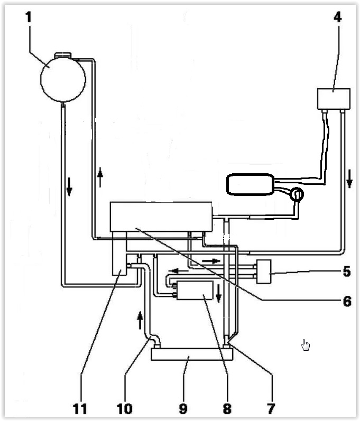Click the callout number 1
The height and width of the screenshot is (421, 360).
[x=29, y=17]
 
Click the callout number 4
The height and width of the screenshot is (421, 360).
[x=338, y=17]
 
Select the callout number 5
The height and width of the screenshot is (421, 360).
[x=347, y=272]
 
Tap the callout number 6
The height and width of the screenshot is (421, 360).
[x=347, y=301]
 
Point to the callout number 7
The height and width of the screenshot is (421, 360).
[x=271, y=409]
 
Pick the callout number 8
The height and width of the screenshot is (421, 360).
[x=227, y=409]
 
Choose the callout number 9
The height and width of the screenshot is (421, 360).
[x=183, y=409]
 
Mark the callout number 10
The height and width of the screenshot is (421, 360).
[x=125, y=409]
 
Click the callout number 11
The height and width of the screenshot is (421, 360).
[x=80, y=409]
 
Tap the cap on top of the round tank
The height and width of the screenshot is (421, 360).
[x=63, y=55]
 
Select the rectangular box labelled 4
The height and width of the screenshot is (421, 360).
[x=334, y=99]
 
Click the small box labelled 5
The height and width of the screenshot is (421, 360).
[x=264, y=272]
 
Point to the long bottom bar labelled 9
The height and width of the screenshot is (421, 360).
[x=192, y=354]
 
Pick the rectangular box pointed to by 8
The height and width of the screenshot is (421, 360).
[x=195, y=290]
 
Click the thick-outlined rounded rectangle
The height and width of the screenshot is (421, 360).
[x=251, y=184]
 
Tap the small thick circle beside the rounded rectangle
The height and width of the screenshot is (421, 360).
[x=297, y=194]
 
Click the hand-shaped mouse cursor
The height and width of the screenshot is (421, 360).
[x=305, y=345]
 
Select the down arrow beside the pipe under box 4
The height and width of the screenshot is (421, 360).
[x=349, y=179]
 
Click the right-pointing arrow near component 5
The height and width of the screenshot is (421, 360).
[x=211, y=261]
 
